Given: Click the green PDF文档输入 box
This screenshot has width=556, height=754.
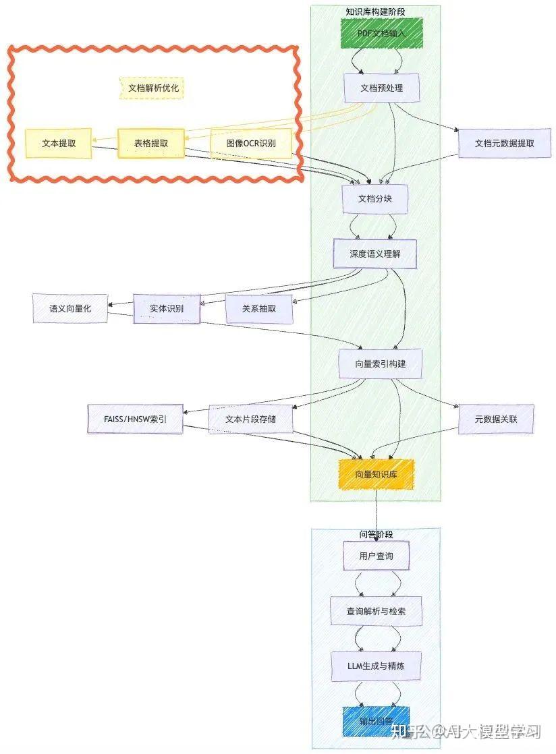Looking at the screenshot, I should (x=381, y=33).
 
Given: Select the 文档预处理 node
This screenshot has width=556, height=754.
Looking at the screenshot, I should (x=381, y=88).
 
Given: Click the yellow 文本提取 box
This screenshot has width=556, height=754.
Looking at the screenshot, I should (x=58, y=143).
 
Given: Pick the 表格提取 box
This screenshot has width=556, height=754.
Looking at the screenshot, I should (x=151, y=143).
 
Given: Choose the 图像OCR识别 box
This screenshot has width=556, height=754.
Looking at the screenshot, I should (x=252, y=143).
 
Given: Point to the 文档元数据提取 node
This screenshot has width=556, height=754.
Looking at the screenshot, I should (x=505, y=143).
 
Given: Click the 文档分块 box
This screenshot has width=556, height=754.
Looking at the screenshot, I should (x=375, y=199).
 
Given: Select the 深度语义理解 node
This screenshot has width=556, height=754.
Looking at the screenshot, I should (x=375, y=254).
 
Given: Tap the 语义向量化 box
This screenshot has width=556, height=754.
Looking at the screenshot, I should (x=69, y=308).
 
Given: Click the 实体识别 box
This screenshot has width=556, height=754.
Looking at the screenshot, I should (x=167, y=309).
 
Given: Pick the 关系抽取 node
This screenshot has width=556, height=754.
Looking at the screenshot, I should (x=259, y=309).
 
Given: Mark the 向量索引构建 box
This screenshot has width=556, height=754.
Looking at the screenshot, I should (x=381, y=364).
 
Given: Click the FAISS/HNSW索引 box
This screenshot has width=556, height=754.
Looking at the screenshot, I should (x=136, y=419).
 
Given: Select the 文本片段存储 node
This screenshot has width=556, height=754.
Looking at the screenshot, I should (x=250, y=419).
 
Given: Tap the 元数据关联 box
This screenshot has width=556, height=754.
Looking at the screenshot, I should (x=496, y=419).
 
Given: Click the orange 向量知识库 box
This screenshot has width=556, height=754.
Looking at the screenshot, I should (x=376, y=474).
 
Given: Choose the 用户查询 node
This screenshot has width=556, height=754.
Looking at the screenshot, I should (x=376, y=556).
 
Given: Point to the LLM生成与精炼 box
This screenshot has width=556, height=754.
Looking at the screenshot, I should (x=376, y=666).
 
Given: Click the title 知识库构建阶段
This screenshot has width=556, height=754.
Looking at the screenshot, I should (x=375, y=11).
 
